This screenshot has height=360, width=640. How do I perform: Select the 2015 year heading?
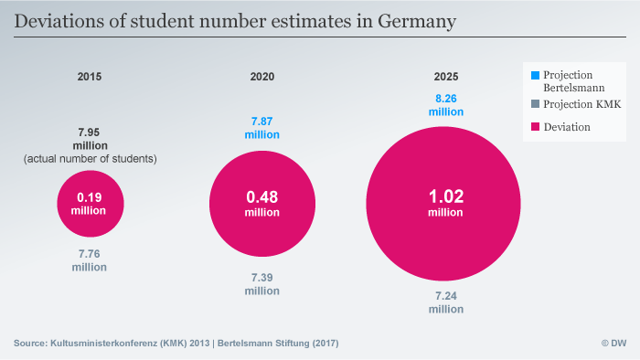click(x=90, y=76)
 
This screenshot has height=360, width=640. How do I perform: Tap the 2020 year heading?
click(x=262, y=76)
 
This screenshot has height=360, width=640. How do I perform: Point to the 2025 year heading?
click(x=447, y=76)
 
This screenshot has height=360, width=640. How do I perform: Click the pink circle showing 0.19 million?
click(x=90, y=204)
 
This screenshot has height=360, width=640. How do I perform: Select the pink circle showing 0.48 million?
click(x=261, y=204)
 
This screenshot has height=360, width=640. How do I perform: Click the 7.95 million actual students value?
click(x=90, y=138)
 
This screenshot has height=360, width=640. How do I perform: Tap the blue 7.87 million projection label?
click(x=261, y=127)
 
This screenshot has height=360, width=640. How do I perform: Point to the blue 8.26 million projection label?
click(x=447, y=103)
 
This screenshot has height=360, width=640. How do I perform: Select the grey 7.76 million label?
click(x=90, y=259)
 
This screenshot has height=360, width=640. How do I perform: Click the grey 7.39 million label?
click(x=261, y=283)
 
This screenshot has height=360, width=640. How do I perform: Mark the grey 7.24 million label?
click(x=447, y=302)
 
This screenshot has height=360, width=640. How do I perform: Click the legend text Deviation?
click(x=567, y=127)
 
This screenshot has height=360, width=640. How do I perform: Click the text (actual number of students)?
click(x=90, y=159)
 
